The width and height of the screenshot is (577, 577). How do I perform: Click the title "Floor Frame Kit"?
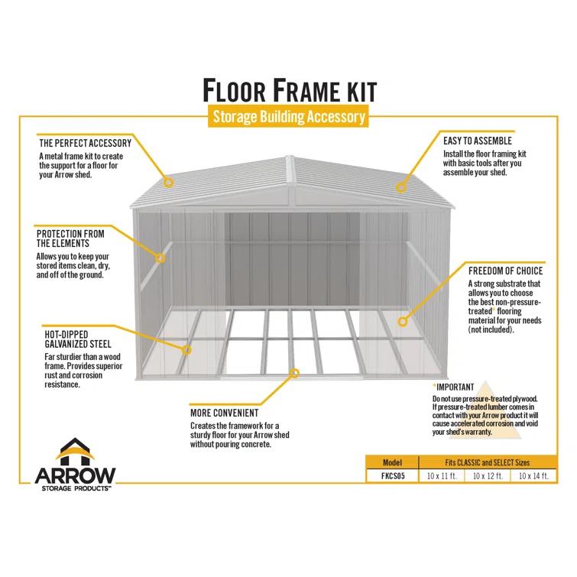tap(289, 89)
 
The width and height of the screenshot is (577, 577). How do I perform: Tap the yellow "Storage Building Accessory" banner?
tap(289, 117)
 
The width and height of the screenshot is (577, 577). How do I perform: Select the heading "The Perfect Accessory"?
tap(85, 143)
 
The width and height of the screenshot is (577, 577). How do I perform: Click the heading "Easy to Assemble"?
tap(478, 141)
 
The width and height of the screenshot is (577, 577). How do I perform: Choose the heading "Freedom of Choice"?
tap(505, 271)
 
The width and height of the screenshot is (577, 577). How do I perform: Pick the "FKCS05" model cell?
tap(392, 476)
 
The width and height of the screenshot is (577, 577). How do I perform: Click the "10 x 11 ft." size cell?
tap(442, 476)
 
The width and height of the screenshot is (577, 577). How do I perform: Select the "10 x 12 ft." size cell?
tap(487, 476)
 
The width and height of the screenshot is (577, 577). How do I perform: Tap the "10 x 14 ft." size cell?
tap(533, 476)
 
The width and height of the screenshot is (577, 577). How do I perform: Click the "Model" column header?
tap(392, 463)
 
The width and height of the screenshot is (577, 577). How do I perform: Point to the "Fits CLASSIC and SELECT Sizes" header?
tap(487, 463)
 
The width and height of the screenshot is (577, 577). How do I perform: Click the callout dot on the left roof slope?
tap(170, 183)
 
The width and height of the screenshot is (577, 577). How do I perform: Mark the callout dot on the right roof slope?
tap(400, 186)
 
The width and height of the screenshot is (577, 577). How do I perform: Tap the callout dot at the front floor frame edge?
tap(293, 372)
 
